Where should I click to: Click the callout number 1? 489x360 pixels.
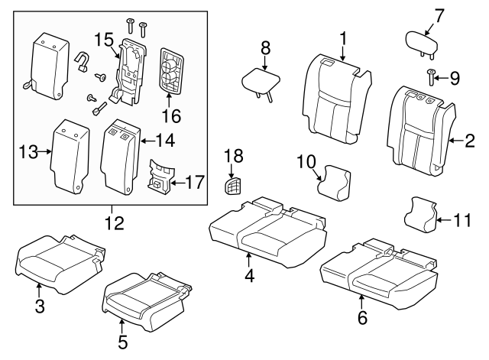tap(343, 37)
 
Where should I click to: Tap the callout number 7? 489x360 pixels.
tap(439, 14)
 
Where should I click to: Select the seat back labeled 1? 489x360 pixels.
tap(336, 99)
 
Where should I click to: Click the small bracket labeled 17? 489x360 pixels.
tap(161, 177)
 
